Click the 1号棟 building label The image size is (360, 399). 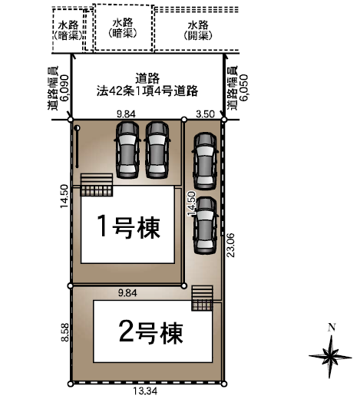point(128,227)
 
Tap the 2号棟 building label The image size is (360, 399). point(152,333)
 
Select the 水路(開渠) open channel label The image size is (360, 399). point(197,30)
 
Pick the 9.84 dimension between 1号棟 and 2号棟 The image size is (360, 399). point(127,293)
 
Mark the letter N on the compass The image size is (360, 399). point(331,327)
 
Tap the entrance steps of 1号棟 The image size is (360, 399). point(97,184)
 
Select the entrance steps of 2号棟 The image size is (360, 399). point(202,299)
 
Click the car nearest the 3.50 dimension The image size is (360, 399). point(204,160)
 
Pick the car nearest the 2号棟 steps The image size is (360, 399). point(204,225)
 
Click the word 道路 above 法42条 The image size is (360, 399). point(149,77)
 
